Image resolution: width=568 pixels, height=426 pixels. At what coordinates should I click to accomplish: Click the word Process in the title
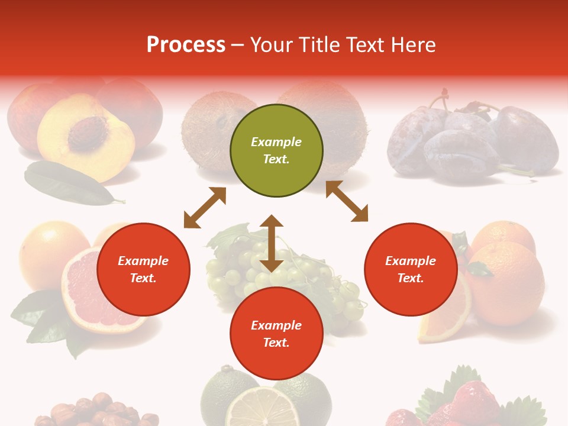pyautogui.click(x=186, y=45)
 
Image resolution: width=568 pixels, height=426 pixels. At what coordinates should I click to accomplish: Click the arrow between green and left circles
pyautogui.click(x=205, y=208)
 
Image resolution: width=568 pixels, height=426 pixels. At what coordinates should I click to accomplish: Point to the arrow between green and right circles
pyautogui.click(x=347, y=201)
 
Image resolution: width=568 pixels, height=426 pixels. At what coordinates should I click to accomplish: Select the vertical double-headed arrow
pyautogui.click(x=272, y=243)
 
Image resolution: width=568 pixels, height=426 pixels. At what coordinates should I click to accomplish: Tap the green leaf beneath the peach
pyautogui.click(x=68, y=184)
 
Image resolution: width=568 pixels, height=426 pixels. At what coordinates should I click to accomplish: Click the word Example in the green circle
pyautogui.click(x=276, y=142)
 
